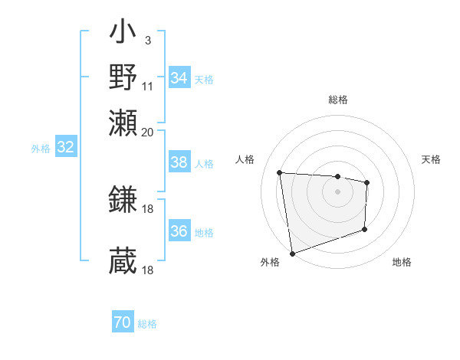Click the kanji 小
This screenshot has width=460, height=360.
123,35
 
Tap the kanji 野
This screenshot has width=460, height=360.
123,77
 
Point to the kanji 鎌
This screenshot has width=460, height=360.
123,200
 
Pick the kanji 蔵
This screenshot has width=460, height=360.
123,261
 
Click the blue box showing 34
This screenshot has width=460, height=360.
179,78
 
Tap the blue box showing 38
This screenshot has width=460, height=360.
179,162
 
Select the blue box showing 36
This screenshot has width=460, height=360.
179,231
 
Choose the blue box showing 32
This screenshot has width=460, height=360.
65,148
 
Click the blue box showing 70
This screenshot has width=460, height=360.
123,323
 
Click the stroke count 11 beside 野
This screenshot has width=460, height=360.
148,87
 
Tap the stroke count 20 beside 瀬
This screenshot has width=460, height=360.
148,131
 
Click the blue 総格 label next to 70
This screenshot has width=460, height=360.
147,324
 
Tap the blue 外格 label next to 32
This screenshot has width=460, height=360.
40,149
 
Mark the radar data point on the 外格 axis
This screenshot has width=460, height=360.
292,253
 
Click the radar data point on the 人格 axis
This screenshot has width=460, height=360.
280,172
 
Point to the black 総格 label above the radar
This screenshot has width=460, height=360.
337,100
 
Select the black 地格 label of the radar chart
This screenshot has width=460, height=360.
402,263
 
